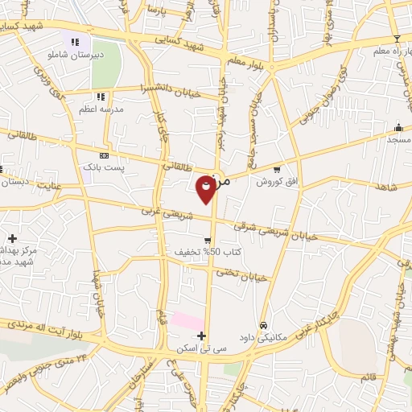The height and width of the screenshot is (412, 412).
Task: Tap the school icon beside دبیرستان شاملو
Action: [x=75, y=42]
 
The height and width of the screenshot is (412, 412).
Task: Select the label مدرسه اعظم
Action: [x=101, y=107]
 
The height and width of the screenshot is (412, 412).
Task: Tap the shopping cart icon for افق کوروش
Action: [x=277, y=170]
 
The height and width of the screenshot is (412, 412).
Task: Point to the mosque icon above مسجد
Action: [x=398, y=127]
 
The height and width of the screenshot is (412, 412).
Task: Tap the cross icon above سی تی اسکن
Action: [x=201, y=336]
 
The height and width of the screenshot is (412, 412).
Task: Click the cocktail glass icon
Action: [x=396, y=39]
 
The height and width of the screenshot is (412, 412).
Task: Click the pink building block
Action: [x=187, y=321]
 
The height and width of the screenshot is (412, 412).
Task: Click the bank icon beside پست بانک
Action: [x=103, y=154]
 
